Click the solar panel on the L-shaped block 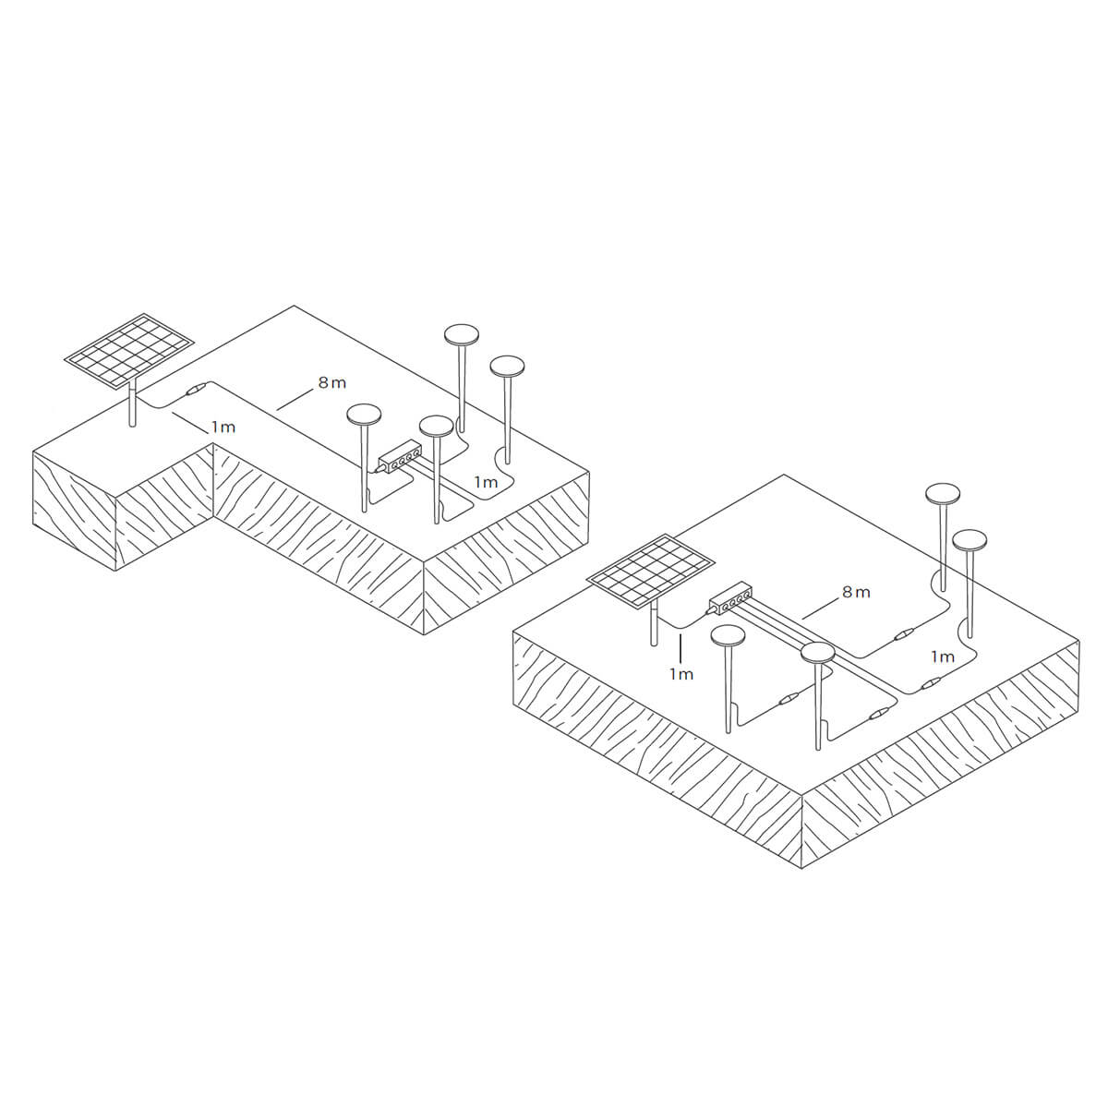(x=127, y=349)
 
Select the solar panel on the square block (x=651, y=571)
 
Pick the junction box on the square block (x=730, y=598)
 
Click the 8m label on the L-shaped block (x=332, y=382)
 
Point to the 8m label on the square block (x=856, y=592)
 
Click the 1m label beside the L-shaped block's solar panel (x=223, y=428)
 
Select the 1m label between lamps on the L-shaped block (x=486, y=481)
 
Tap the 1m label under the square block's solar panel (x=681, y=674)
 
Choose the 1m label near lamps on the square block (x=943, y=656)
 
